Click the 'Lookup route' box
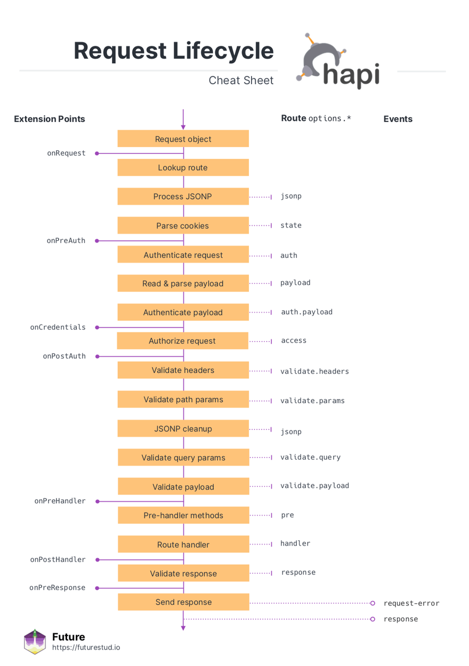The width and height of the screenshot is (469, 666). point(183,167)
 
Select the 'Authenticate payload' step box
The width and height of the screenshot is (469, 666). point(183,312)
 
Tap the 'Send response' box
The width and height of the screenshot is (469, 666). point(183,602)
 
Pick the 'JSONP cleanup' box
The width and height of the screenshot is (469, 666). point(183,428)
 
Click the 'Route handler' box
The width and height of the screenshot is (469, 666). point(183,544)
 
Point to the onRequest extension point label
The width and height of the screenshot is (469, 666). point(66,153)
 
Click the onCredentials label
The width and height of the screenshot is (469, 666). point(58,327)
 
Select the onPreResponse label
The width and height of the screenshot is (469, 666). point(58,588)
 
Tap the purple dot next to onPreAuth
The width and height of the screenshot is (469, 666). point(96,241)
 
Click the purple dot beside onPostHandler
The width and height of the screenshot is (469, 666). point(97,560)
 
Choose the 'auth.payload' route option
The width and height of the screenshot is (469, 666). point(306,312)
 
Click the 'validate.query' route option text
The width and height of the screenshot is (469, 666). point(311,457)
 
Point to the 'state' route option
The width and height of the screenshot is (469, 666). point(291,225)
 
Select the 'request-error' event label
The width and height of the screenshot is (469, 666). point(411,603)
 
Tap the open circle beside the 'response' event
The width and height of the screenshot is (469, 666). point(373,619)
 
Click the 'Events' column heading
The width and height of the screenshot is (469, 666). point(398,119)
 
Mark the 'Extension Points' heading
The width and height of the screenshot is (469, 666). point(50,119)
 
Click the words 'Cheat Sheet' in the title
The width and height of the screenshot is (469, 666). point(241,80)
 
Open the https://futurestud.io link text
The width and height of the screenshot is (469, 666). point(86,647)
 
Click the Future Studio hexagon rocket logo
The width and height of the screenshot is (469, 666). point(35,642)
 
